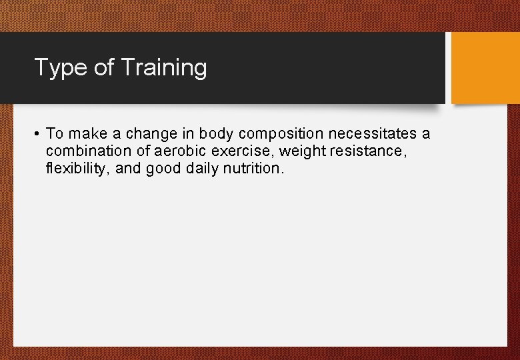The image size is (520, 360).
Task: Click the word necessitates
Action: [x=372, y=134]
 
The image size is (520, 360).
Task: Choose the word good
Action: [x=163, y=169]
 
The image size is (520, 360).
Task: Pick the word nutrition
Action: [x=254, y=169]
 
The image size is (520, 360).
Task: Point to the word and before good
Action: [x=129, y=169]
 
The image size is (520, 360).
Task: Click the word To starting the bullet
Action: [x=54, y=134]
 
